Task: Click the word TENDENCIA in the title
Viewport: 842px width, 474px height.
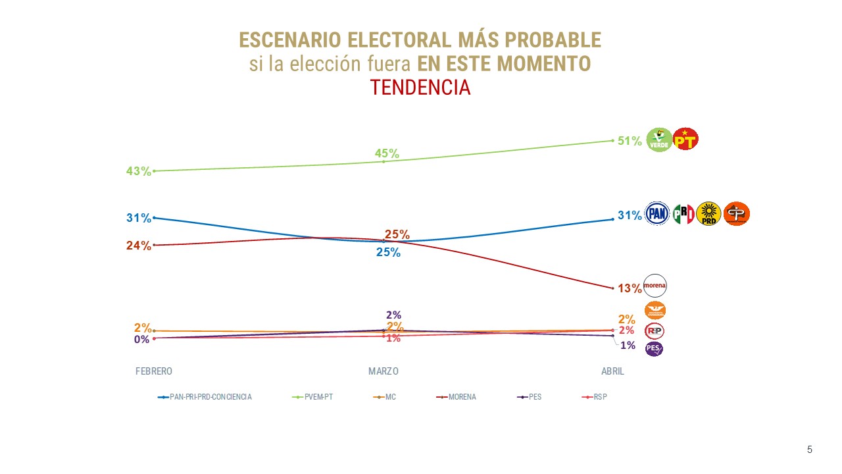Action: [420, 87]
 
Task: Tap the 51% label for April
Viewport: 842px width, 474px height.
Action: [630, 140]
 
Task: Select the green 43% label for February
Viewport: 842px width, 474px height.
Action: [139, 171]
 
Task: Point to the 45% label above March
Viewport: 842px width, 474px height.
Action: [387, 153]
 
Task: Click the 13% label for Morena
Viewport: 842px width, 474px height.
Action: [630, 288]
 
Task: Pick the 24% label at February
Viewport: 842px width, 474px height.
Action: [139, 246]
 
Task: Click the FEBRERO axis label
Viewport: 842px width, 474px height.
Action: [154, 371]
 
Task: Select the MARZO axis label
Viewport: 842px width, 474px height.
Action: [384, 371]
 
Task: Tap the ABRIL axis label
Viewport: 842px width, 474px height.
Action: [612, 371]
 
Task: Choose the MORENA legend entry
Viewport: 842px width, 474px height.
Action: [462, 397]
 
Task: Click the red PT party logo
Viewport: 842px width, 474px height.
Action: [685, 139]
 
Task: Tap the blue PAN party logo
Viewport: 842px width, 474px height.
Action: [656, 213]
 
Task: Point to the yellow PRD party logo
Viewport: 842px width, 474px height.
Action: [708, 213]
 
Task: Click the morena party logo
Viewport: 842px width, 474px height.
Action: [655, 285]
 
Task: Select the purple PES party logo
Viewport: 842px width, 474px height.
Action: [654, 348]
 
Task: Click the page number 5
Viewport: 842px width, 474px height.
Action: [810, 450]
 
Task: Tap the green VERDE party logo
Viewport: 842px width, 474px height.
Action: [659, 139]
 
